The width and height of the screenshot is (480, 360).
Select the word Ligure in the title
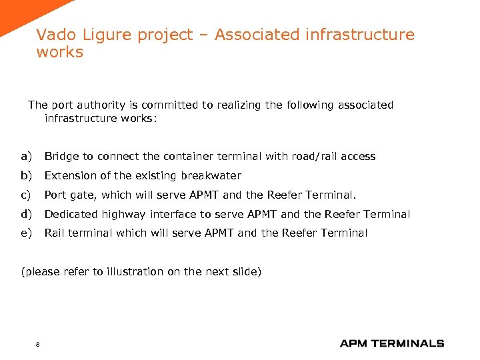coord(101,35)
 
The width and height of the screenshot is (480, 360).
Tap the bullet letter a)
coord(26,157)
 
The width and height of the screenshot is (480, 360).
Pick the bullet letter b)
coord(26,176)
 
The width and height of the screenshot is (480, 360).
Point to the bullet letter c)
coord(26,195)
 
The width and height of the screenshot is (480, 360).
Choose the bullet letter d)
coord(26,214)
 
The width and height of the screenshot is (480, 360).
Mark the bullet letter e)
coord(26,233)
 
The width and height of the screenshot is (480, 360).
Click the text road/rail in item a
coord(317,157)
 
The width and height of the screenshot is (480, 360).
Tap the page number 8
coord(37,344)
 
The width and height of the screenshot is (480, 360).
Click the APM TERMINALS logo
coord(391,343)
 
